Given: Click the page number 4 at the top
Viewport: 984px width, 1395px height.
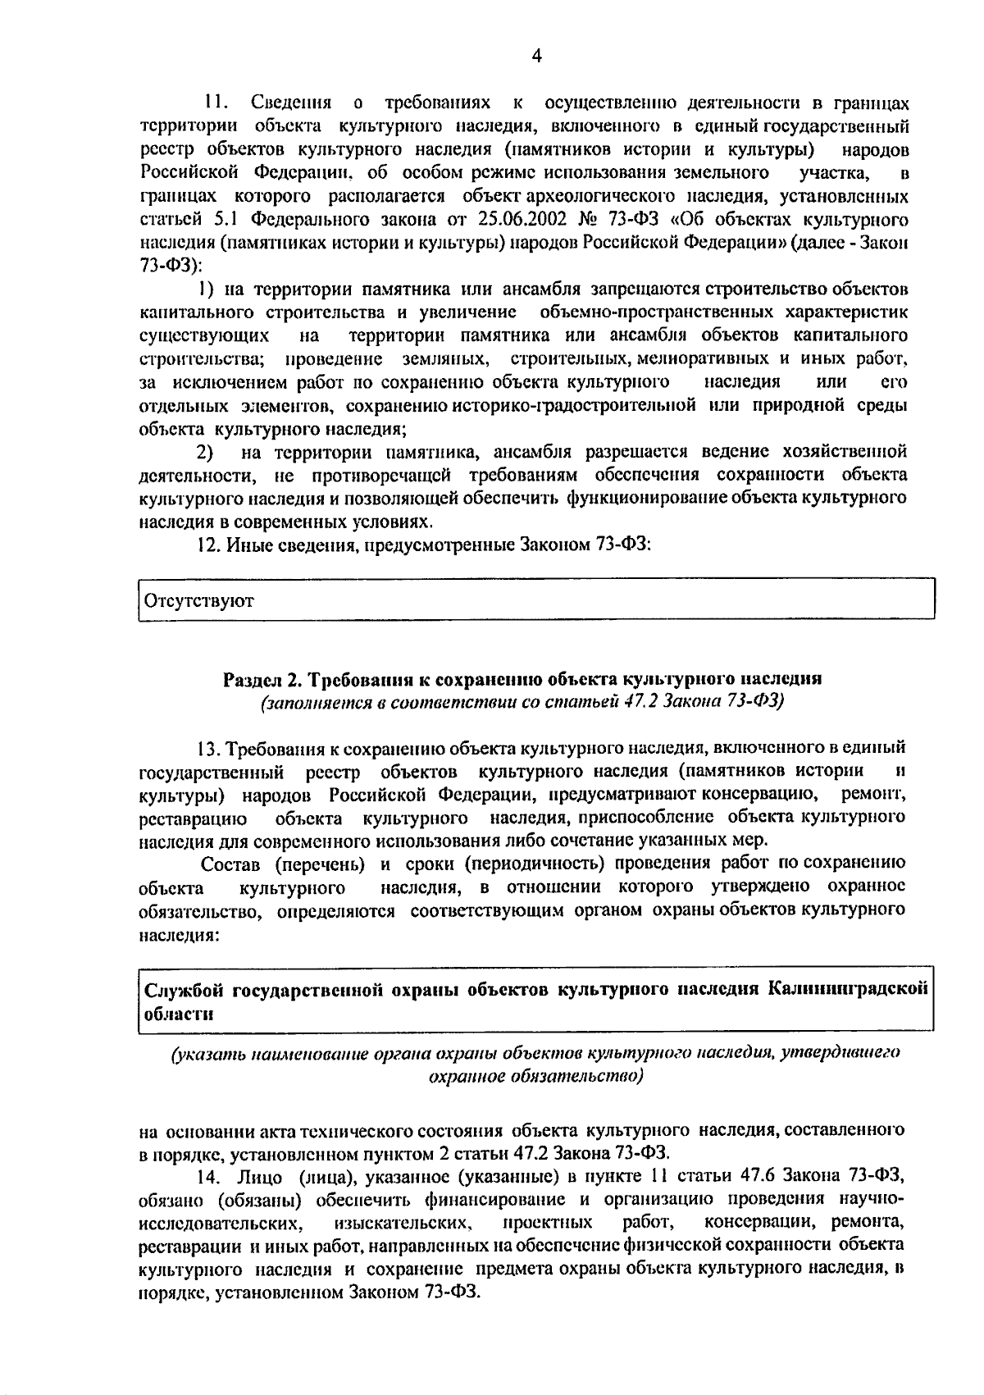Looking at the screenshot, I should click(x=536, y=56).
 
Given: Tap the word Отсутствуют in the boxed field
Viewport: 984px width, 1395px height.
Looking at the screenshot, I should click(x=199, y=601).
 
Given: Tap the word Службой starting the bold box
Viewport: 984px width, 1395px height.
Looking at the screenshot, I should click(x=184, y=989).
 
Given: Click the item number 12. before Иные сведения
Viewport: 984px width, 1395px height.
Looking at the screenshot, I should click(x=210, y=545).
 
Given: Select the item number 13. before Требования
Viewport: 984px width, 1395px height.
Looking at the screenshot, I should click(x=208, y=749).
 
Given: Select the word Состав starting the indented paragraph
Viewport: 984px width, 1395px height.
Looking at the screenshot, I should click(x=231, y=864).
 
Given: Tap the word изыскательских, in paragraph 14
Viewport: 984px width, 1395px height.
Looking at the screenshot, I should click(x=404, y=1223).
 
